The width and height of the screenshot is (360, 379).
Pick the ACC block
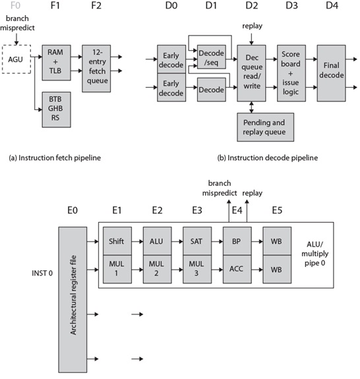(x=235, y=268)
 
